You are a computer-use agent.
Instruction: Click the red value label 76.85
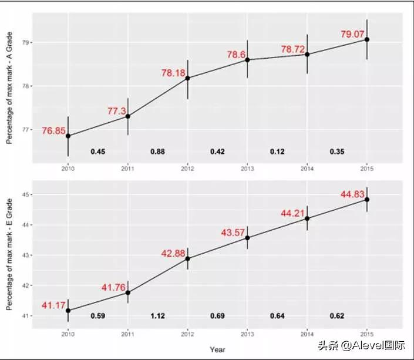tap(52, 130)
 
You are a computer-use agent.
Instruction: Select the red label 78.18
tap(172, 73)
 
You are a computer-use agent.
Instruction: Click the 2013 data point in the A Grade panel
tap(247, 60)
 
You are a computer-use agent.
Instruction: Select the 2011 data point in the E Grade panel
tap(127, 292)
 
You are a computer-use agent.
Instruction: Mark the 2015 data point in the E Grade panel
tap(367, 200)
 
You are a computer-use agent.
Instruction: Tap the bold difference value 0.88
tap(157, 152)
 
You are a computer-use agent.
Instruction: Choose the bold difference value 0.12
tap(277, 152)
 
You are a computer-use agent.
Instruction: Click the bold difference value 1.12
tap(157, 316)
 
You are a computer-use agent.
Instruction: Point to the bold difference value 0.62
tap(337, 316)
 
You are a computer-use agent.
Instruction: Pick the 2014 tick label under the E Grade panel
tap(307, 334)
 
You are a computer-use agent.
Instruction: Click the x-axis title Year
tap(217, 349)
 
